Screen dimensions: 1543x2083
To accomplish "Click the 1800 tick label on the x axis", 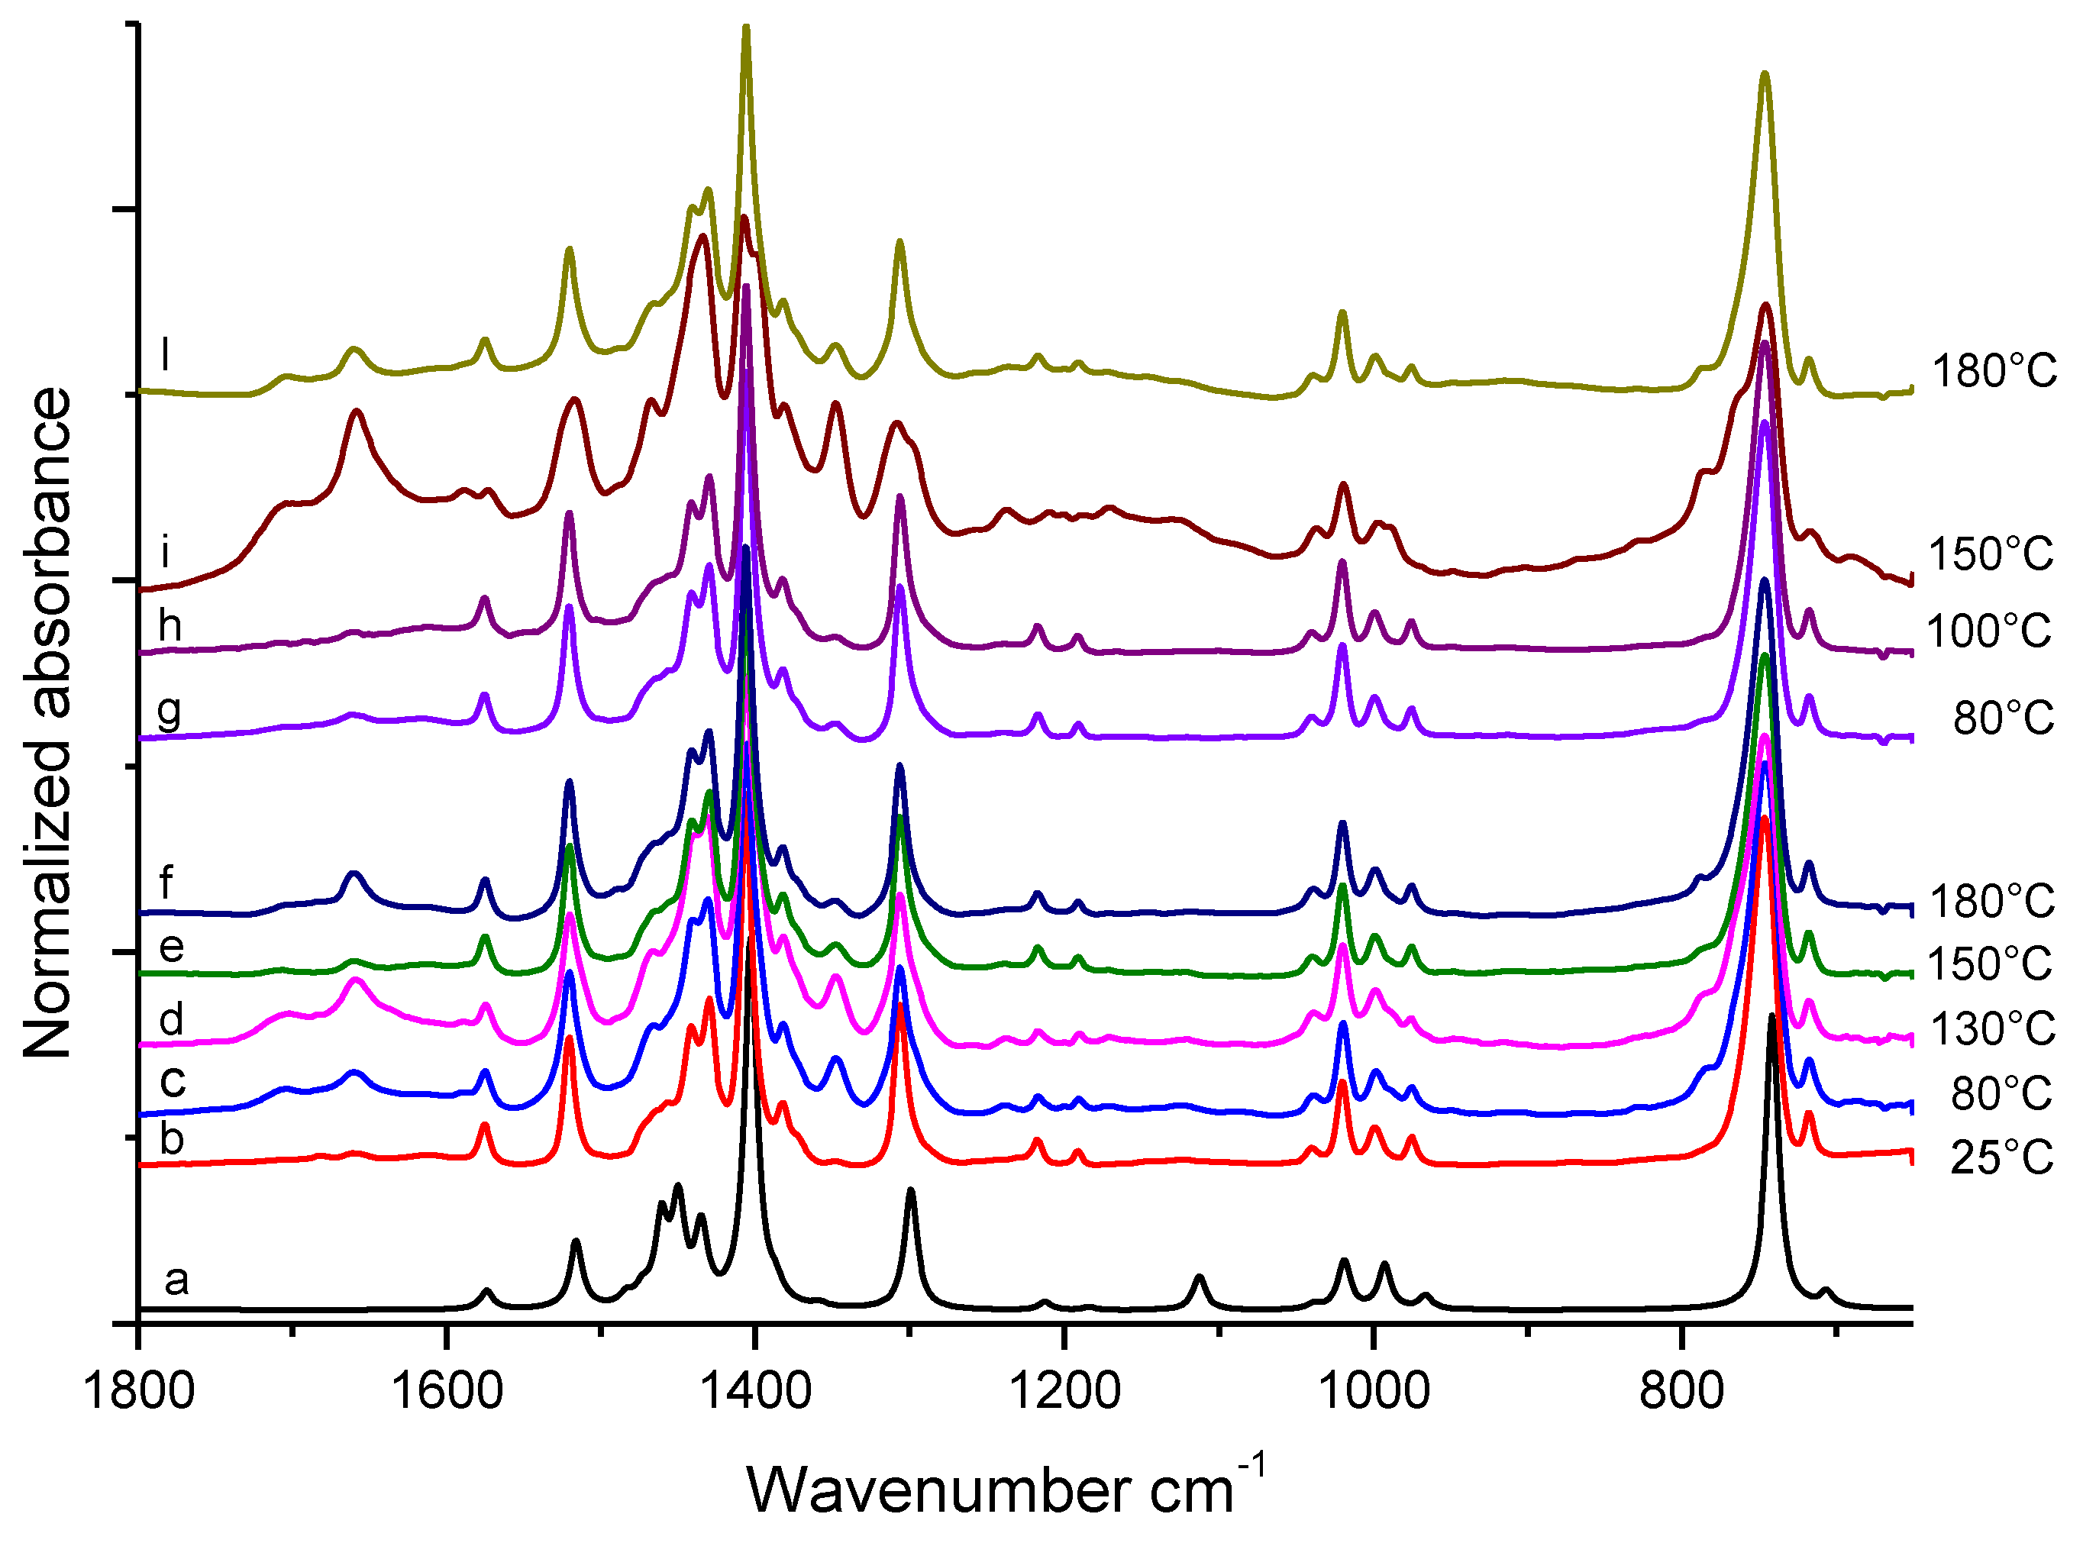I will click(x=138, y=1393).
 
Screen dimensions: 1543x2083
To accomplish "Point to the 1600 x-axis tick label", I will click(x=447, y=1393).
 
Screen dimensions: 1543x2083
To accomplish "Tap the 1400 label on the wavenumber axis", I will click(x=754, y=1393).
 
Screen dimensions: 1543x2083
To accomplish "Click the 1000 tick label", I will click(x=1372, y=1393).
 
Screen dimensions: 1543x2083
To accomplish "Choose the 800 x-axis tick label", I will click(x=1681, y=1393).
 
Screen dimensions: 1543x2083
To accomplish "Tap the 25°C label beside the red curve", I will click(x=2002, y=1158).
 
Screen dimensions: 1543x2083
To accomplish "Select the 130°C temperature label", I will click(x=1991, y=1029).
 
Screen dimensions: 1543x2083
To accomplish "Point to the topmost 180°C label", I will click(x=1994, y=372).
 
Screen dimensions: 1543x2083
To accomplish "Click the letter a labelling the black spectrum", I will click(x=176, y=1280).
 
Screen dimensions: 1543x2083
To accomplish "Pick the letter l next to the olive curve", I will click(x=166, y=355).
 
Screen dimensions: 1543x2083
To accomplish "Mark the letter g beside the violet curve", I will click(x=169, y=712).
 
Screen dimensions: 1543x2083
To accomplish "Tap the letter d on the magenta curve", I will click(x=171, y=1019).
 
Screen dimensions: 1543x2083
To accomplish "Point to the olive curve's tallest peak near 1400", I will click(x=745, y=30).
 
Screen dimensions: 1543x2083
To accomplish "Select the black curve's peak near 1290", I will click(x=911, y=1191).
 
